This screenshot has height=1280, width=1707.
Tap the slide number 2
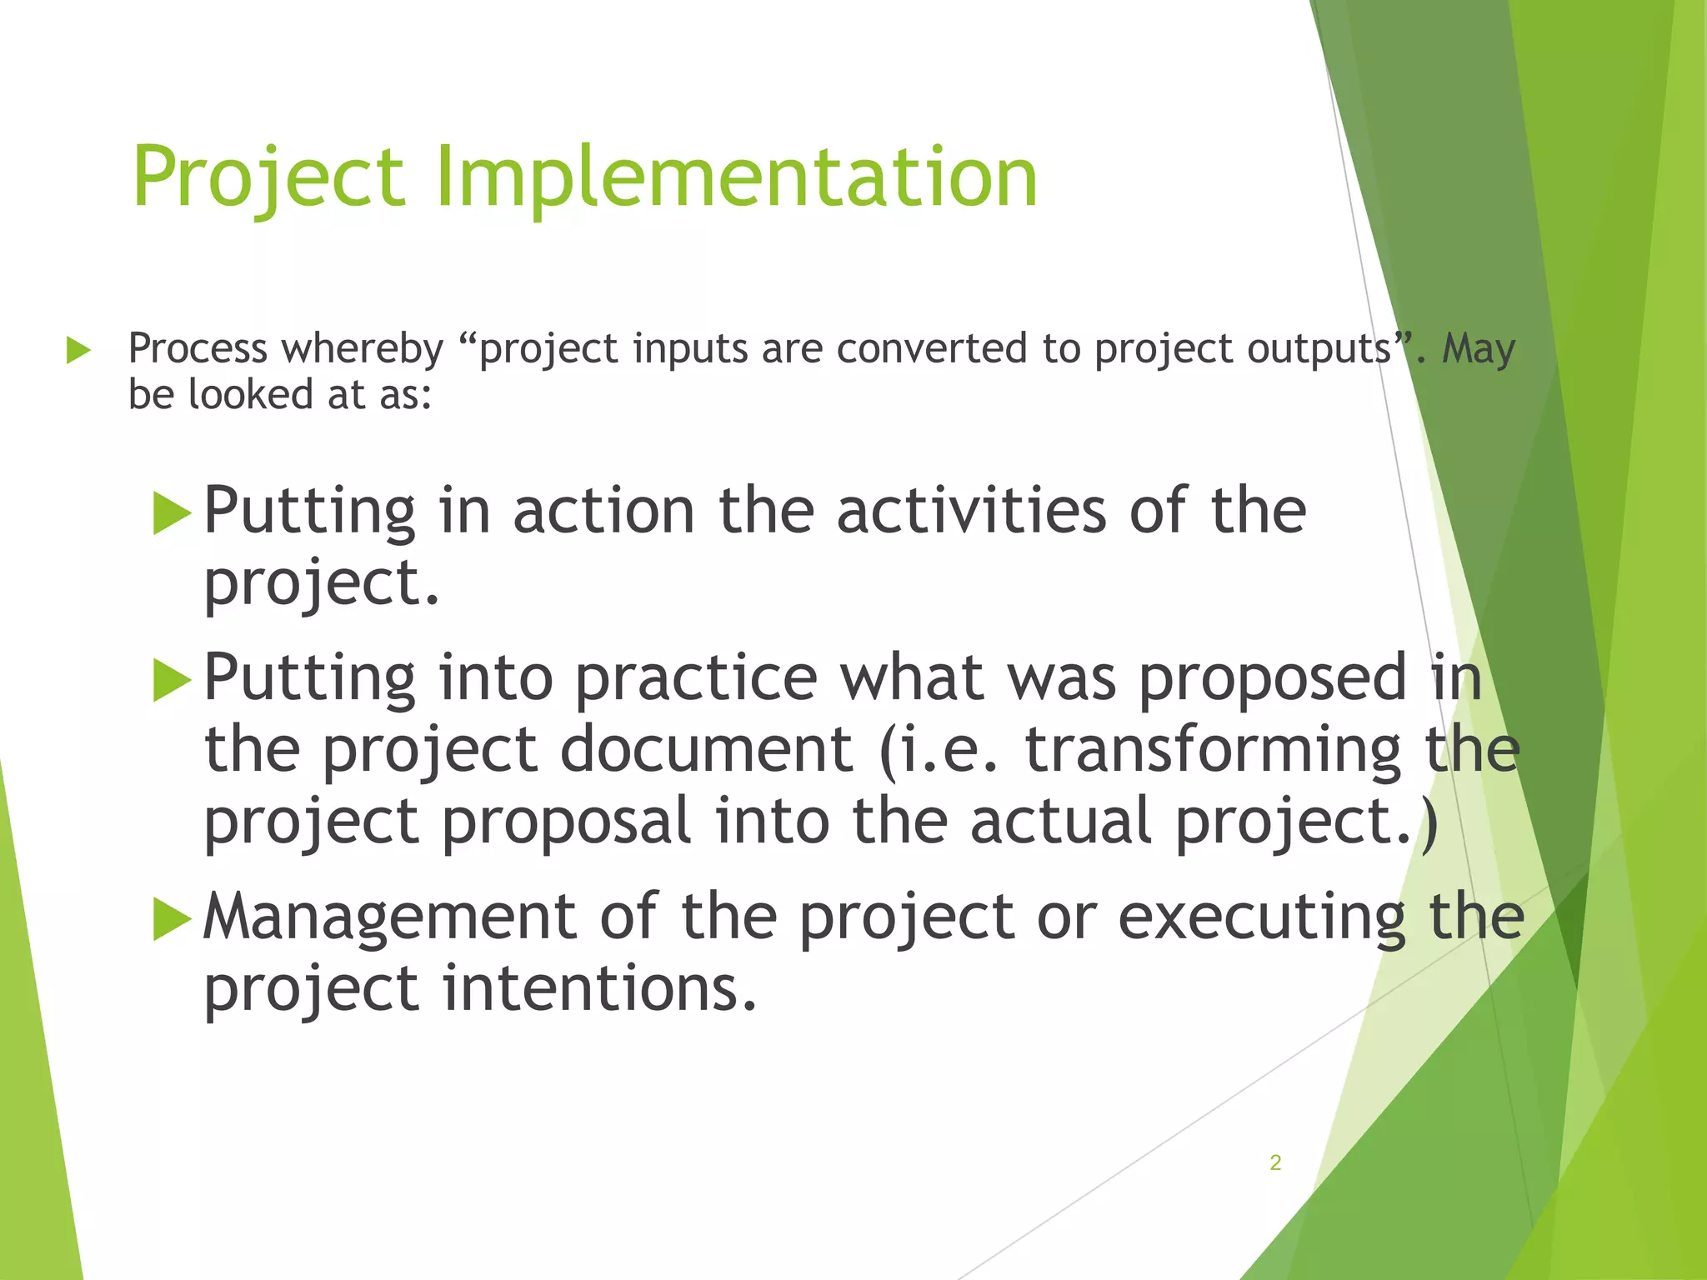click(x=1275, y=1162)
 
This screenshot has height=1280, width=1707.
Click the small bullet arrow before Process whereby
click(x=78, y=350)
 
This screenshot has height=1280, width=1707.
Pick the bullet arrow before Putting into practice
click(x=173, y=680)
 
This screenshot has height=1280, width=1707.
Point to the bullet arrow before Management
click(x=173, y=920)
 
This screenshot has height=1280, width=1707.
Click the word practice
click(x=696, y=677)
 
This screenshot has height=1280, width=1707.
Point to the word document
click(x=707, y=748)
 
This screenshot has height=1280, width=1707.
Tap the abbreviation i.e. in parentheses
click(x=946, y=748)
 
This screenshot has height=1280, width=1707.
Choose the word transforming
click(x=1213, y=748)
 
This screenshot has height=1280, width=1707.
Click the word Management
click(x=389, y=917)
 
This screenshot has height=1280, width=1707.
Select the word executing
click(x=1261, y=917)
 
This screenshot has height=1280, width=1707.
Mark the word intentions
click(x=598, y=988)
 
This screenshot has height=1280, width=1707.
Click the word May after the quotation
click(x=1479, y=348)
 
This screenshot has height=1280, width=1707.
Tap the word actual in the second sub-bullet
click(x=1061, y=821)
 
